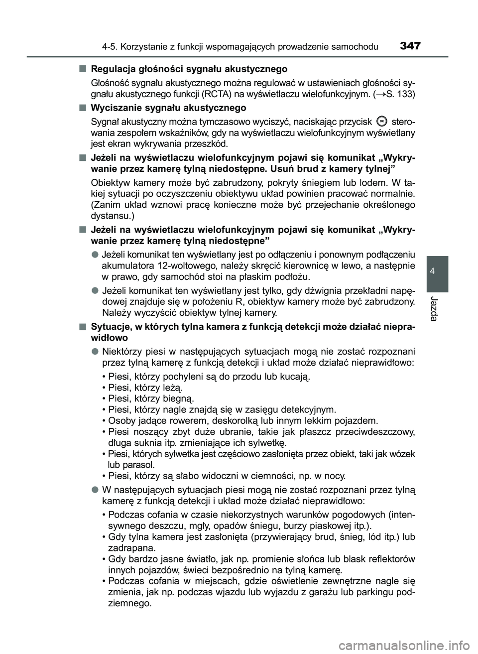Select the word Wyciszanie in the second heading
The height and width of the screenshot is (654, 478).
[x=113, y=108]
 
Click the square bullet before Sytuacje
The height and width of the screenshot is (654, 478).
[x=81, y=326]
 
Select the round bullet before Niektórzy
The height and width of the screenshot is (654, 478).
[x=94, y=351]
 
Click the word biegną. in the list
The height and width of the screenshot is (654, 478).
[x=177, y=398]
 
